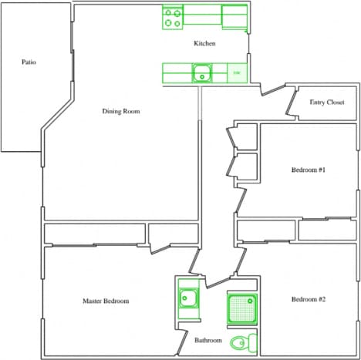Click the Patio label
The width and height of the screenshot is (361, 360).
[29, 62]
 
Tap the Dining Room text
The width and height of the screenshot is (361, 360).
[122, 111]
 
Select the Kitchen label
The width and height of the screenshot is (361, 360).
[204, 44]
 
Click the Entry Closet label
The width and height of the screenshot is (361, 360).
[326, 102]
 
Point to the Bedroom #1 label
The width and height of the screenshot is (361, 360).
[309, 170]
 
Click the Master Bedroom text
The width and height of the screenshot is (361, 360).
[106, 301]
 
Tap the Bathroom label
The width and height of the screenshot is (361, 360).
[208, 340]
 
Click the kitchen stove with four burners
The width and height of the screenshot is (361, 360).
[173, 18]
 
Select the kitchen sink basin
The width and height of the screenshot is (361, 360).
[203, 74]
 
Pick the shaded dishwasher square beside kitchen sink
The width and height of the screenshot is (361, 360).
[237, 73]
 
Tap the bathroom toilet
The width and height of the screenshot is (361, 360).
[247, 341]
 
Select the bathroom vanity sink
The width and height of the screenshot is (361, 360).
[187, 298]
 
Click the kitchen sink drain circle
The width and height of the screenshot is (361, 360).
[203, 74]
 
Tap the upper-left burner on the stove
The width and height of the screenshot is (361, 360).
[168, 12]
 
